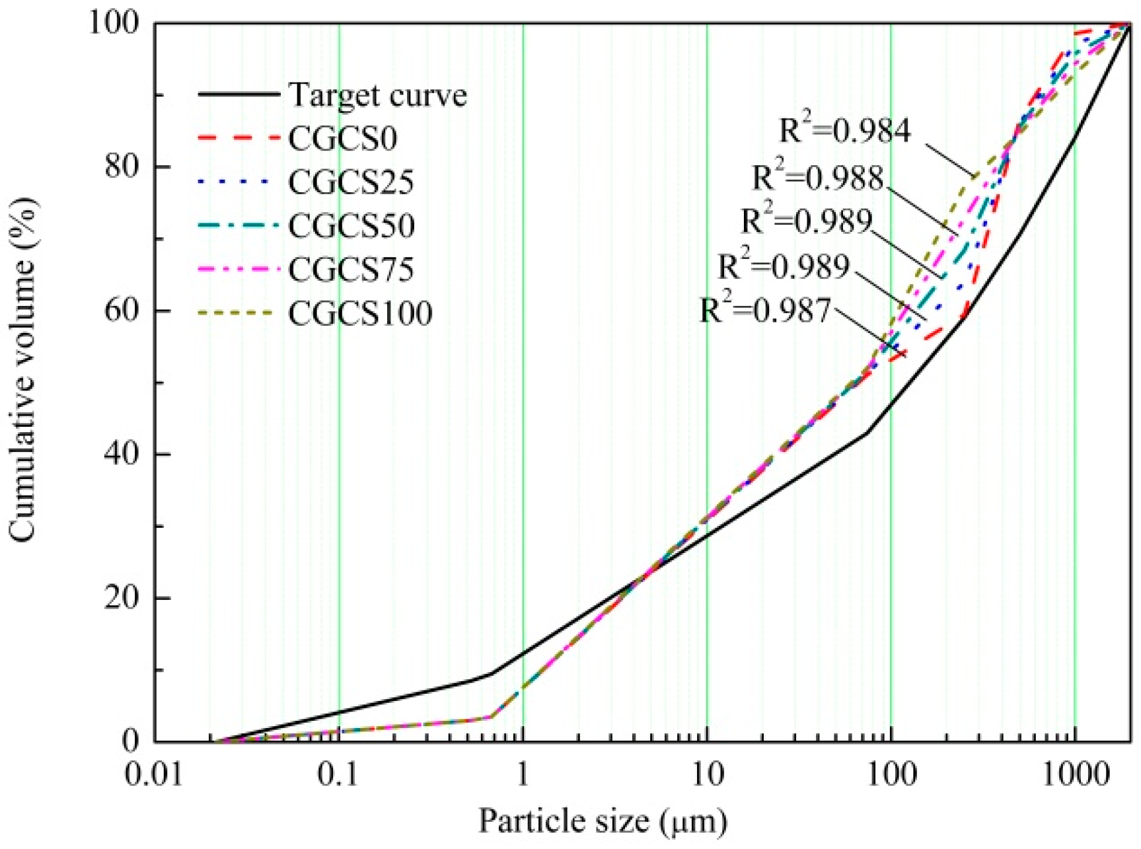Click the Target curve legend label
[377, 96]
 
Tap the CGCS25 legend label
[351, 182]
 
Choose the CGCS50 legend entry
[351, 226]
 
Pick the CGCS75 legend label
[351, 270]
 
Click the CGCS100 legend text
[360, 313]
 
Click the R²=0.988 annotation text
[817, 178]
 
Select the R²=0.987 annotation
[764, 310]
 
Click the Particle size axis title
[602, 821]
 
